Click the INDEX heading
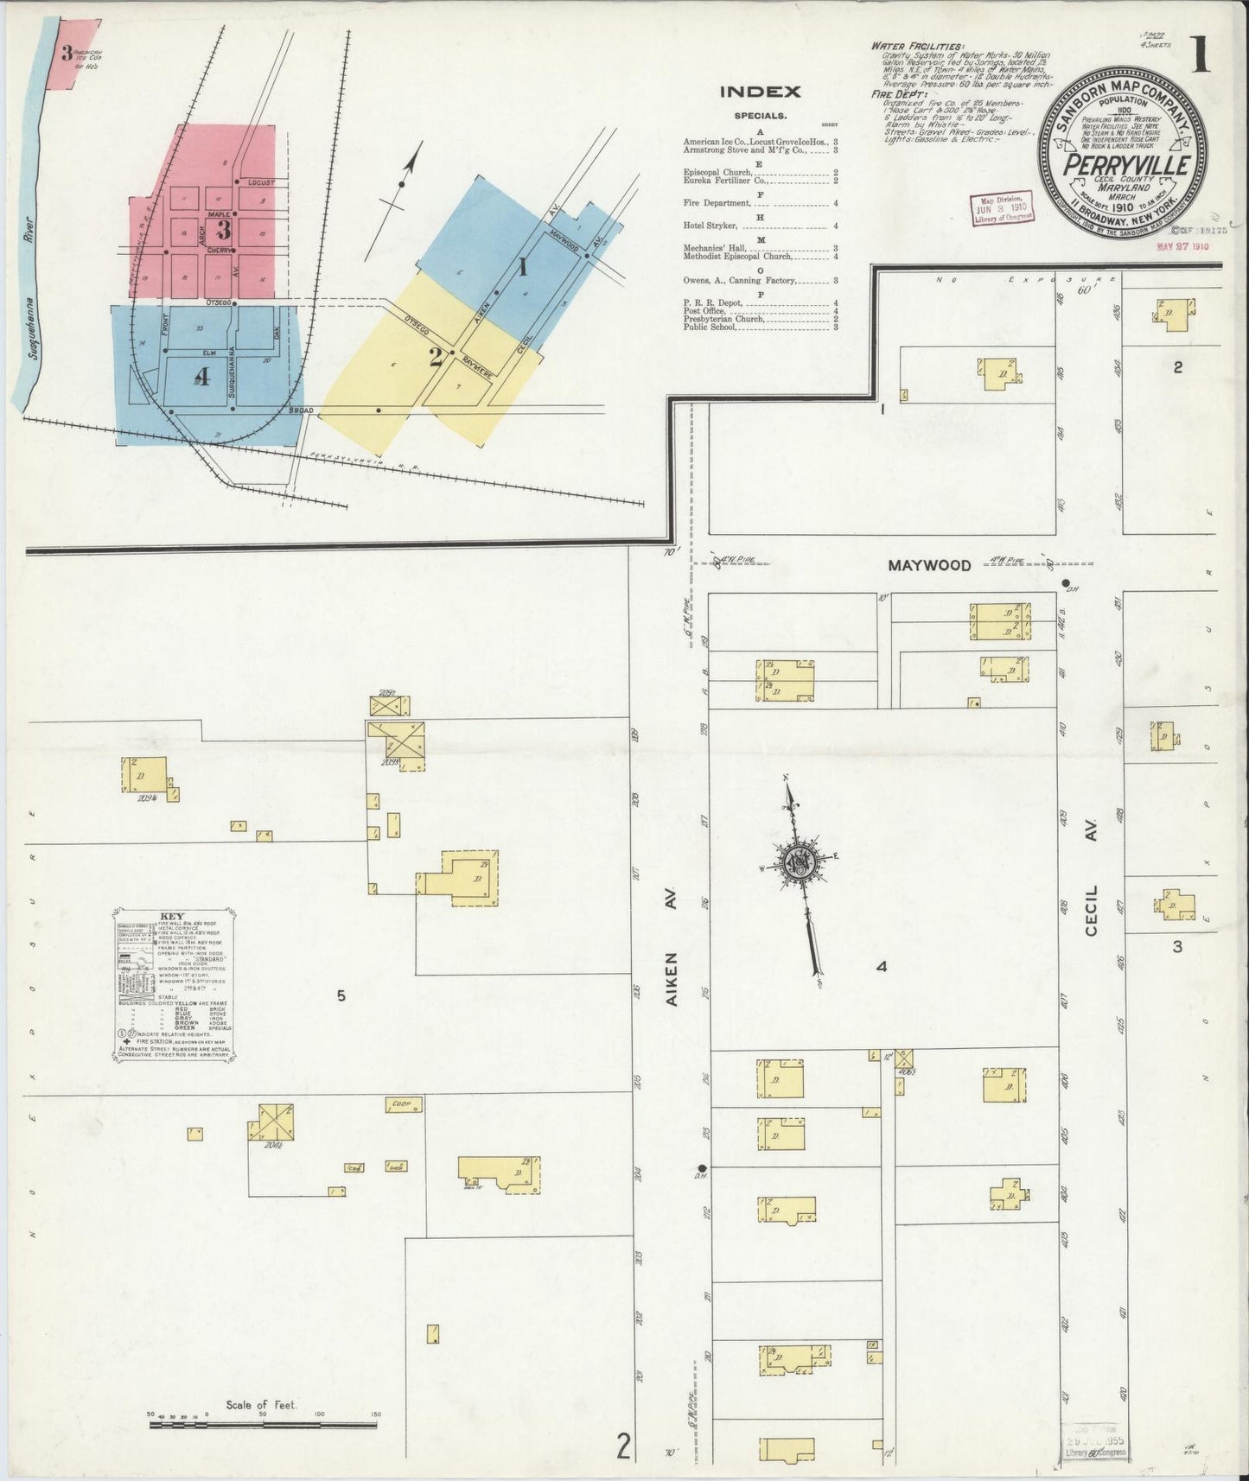point(760,92)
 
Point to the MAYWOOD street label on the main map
point(929,565)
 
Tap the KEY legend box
point(175,984)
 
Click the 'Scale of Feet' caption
point(261,1406)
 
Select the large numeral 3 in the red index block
point(224,230)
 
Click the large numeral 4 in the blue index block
point(201,378)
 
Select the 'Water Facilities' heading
point(917,46)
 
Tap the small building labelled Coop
point(403,1104)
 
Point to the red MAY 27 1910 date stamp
point(1182,246)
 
